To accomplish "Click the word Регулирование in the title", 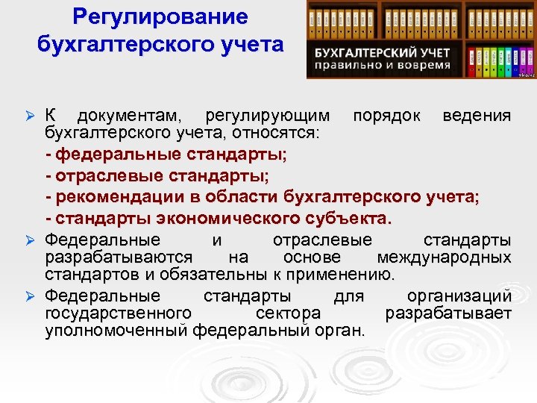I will [160, 16].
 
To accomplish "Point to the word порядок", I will [386, 116].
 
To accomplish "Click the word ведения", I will [477, 116].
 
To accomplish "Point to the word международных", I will [445, 257].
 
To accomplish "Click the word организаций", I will [459, 295].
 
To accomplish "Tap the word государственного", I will [119, 313].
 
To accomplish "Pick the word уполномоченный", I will [116, 331].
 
